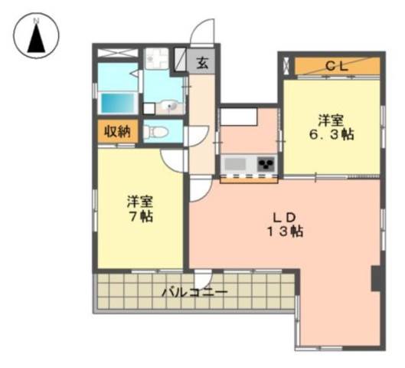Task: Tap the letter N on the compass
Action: (x=37, y=21)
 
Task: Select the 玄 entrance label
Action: (x=203, y=62)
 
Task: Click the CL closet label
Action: (x=337, y=67)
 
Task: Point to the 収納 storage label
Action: (x=118, y=132)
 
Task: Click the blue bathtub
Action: (x=118, y=103)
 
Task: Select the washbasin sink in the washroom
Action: (x=170, y=107)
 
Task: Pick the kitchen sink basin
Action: (x=235, y=164)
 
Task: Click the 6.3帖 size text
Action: (x=332, y=134)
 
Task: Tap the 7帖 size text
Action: (x=141, y=216)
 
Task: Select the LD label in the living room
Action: (x=284, y=218)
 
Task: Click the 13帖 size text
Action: (x=285, y=232)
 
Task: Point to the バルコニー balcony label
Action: (x=194, y=293)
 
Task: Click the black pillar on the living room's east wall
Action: (x=376, y=278)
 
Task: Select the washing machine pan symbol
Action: (x=156, y=58)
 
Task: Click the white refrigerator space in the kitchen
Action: (x=238, y=117)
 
